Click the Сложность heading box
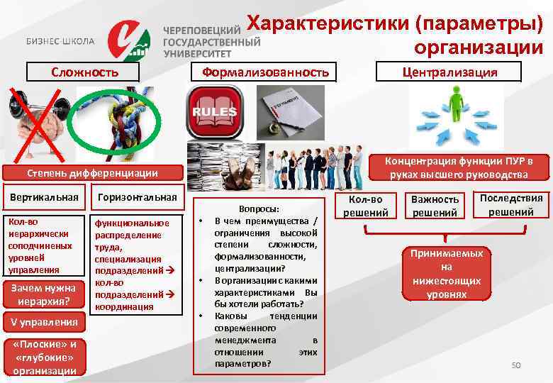[x=84, y=72]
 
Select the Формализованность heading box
[x=266, y=72]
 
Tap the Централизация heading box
[x=449, y=72]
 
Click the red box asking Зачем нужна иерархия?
[x=44, y=294]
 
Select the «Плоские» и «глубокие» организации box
[x=44, y=357]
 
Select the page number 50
[x=515, y=365]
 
